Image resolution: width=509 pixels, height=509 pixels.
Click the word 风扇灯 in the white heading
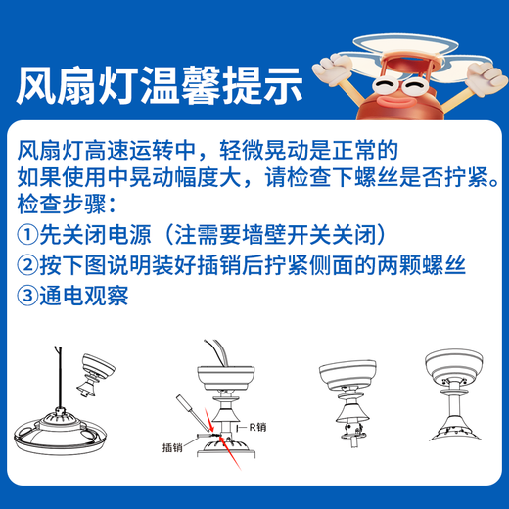69,87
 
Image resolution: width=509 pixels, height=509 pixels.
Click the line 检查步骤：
68,206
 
